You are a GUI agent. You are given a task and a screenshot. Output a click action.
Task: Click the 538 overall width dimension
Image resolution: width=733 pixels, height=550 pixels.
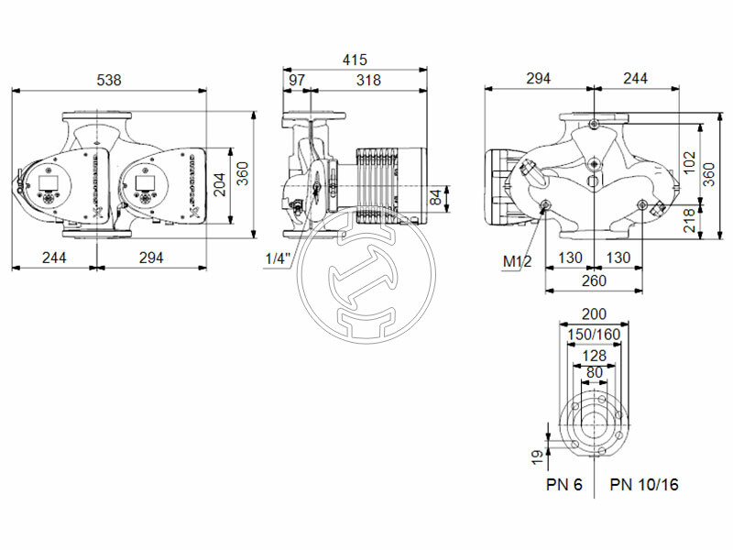[109, 81]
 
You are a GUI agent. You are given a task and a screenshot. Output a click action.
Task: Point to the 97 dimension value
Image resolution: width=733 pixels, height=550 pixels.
[297, 80]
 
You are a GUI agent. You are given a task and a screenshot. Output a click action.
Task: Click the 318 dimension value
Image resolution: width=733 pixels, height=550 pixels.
[368, 80]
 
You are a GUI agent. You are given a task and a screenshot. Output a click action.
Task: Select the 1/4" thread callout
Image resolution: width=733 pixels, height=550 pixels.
[278, 258]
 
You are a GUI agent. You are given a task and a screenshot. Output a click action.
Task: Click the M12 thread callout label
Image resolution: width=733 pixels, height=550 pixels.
[518, 262]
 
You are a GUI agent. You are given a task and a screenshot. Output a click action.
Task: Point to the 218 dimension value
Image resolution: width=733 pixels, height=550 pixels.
[690, 220]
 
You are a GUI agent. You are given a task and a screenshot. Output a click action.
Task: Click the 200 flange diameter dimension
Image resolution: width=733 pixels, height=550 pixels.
[595, 314]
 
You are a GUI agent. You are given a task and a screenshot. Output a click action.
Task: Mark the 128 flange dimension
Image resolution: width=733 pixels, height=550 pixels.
[595, 355]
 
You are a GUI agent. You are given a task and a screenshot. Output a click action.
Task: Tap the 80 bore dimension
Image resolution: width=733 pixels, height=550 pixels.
[595, 372]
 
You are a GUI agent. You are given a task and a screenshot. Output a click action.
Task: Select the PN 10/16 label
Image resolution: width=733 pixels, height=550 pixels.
[645, 485]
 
